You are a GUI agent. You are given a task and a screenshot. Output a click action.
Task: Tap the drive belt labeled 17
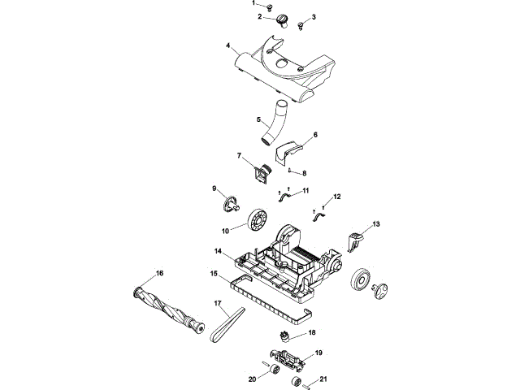tap(227, 326)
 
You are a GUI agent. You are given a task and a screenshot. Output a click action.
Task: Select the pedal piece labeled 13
tap(355, 239)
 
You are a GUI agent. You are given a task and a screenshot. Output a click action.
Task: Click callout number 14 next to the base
tap(219, 251)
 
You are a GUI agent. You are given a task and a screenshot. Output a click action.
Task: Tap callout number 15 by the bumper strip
tap(214, 274)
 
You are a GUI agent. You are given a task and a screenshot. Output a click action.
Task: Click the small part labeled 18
tap(286, 336)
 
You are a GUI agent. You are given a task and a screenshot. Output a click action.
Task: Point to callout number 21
tap(323, 379)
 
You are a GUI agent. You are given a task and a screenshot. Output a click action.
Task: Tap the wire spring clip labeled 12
tap(319, 214)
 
